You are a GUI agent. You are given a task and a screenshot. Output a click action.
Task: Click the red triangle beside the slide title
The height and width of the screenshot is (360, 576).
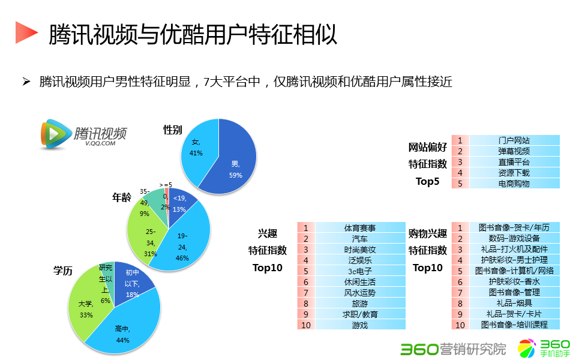pyautogui.click(x=25, y=32)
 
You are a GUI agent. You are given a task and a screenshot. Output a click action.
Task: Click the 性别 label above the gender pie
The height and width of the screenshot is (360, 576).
pyautogui.click(x=173, y=130)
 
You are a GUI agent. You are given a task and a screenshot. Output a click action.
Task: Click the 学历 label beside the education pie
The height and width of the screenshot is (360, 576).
pyautogui.click(x=62, y=271)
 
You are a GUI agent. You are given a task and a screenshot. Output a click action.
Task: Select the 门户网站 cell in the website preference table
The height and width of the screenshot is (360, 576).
pyautogui.click(x=514, y=140)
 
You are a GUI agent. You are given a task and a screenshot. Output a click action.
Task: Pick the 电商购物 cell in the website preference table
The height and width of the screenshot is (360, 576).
pyautogui.click(x=514, y=184)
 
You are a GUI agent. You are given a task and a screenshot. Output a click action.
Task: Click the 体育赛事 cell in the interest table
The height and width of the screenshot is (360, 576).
pyautogui.click(x=360, y=228)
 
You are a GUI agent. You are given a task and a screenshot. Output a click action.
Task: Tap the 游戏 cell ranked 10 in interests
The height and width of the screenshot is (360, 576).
pyautogui.click(x=360, y=325)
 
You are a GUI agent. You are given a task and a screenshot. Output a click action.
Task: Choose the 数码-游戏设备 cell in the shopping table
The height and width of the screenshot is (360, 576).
pyautogui.click(x=514, y=239)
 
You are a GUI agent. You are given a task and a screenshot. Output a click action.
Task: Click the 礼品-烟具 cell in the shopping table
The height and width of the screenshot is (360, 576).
pyautogui.click(x=514, y=304)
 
